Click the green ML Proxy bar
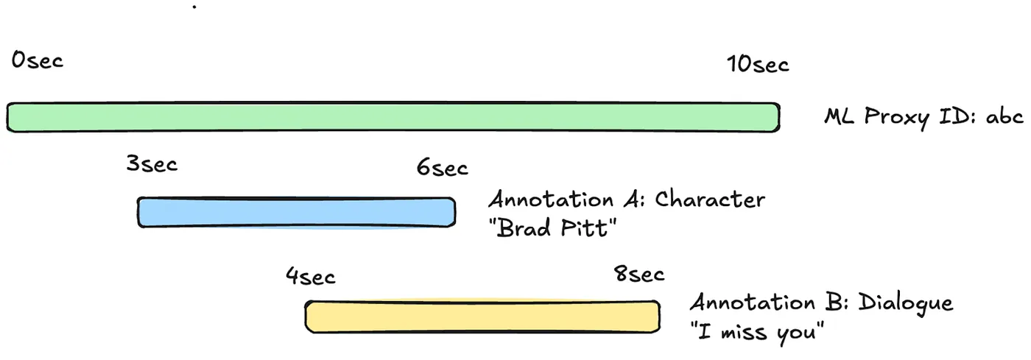(x=393, y=117)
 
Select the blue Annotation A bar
(x=296, y=212)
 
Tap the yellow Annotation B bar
(x=482, y=317)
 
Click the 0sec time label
(x=38, y=60)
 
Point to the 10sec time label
(x=758, y=64)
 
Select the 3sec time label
(x=152, y=164)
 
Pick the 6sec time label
(x=443, y=168)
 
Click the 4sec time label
(x=311, y=276)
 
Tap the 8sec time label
(x=639, y=274)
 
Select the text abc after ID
(x=1004, y=116)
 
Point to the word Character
(x=710, y=200)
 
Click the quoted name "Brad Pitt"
(x=552, y=228)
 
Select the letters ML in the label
(x=839, y=116)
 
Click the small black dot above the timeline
(x=194, y=7)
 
